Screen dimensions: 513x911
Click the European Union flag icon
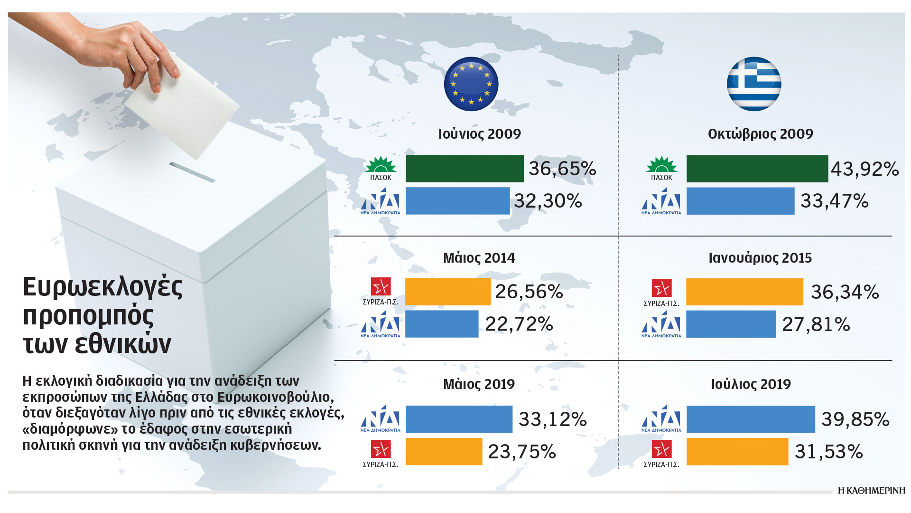(x=471, y=84)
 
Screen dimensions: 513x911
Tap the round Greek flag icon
(x=754, y=84)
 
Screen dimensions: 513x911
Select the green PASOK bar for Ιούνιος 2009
(x=465, y=169)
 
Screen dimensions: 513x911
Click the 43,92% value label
(x=865, y=169)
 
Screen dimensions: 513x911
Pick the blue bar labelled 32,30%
(x=457, y=201)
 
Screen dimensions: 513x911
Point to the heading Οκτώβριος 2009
(x=760, y=134)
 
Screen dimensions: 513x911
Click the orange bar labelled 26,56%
(x=448, y=292)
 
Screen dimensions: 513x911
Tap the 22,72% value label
(x=519, y=324)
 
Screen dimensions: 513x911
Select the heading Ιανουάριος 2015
(x=760, y=258)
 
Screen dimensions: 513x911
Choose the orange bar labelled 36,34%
(x=744, y=292)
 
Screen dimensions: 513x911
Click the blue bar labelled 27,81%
(x=731, y=324)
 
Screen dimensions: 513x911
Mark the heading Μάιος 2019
(x=479, y=384)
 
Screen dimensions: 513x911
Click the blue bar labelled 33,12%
(x=459, y=419)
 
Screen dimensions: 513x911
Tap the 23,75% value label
(x=522, y=452)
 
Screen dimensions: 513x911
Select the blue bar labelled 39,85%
(x=751, y=419)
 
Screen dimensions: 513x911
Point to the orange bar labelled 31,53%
(x=737, y=452)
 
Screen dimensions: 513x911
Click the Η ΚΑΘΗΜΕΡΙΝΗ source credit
(x=872, y=491)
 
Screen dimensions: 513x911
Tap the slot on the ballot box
(x=192, y=172)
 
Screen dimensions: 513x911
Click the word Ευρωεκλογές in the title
(x=103, y=287)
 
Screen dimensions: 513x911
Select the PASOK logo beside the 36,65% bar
(x=381, y=169)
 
